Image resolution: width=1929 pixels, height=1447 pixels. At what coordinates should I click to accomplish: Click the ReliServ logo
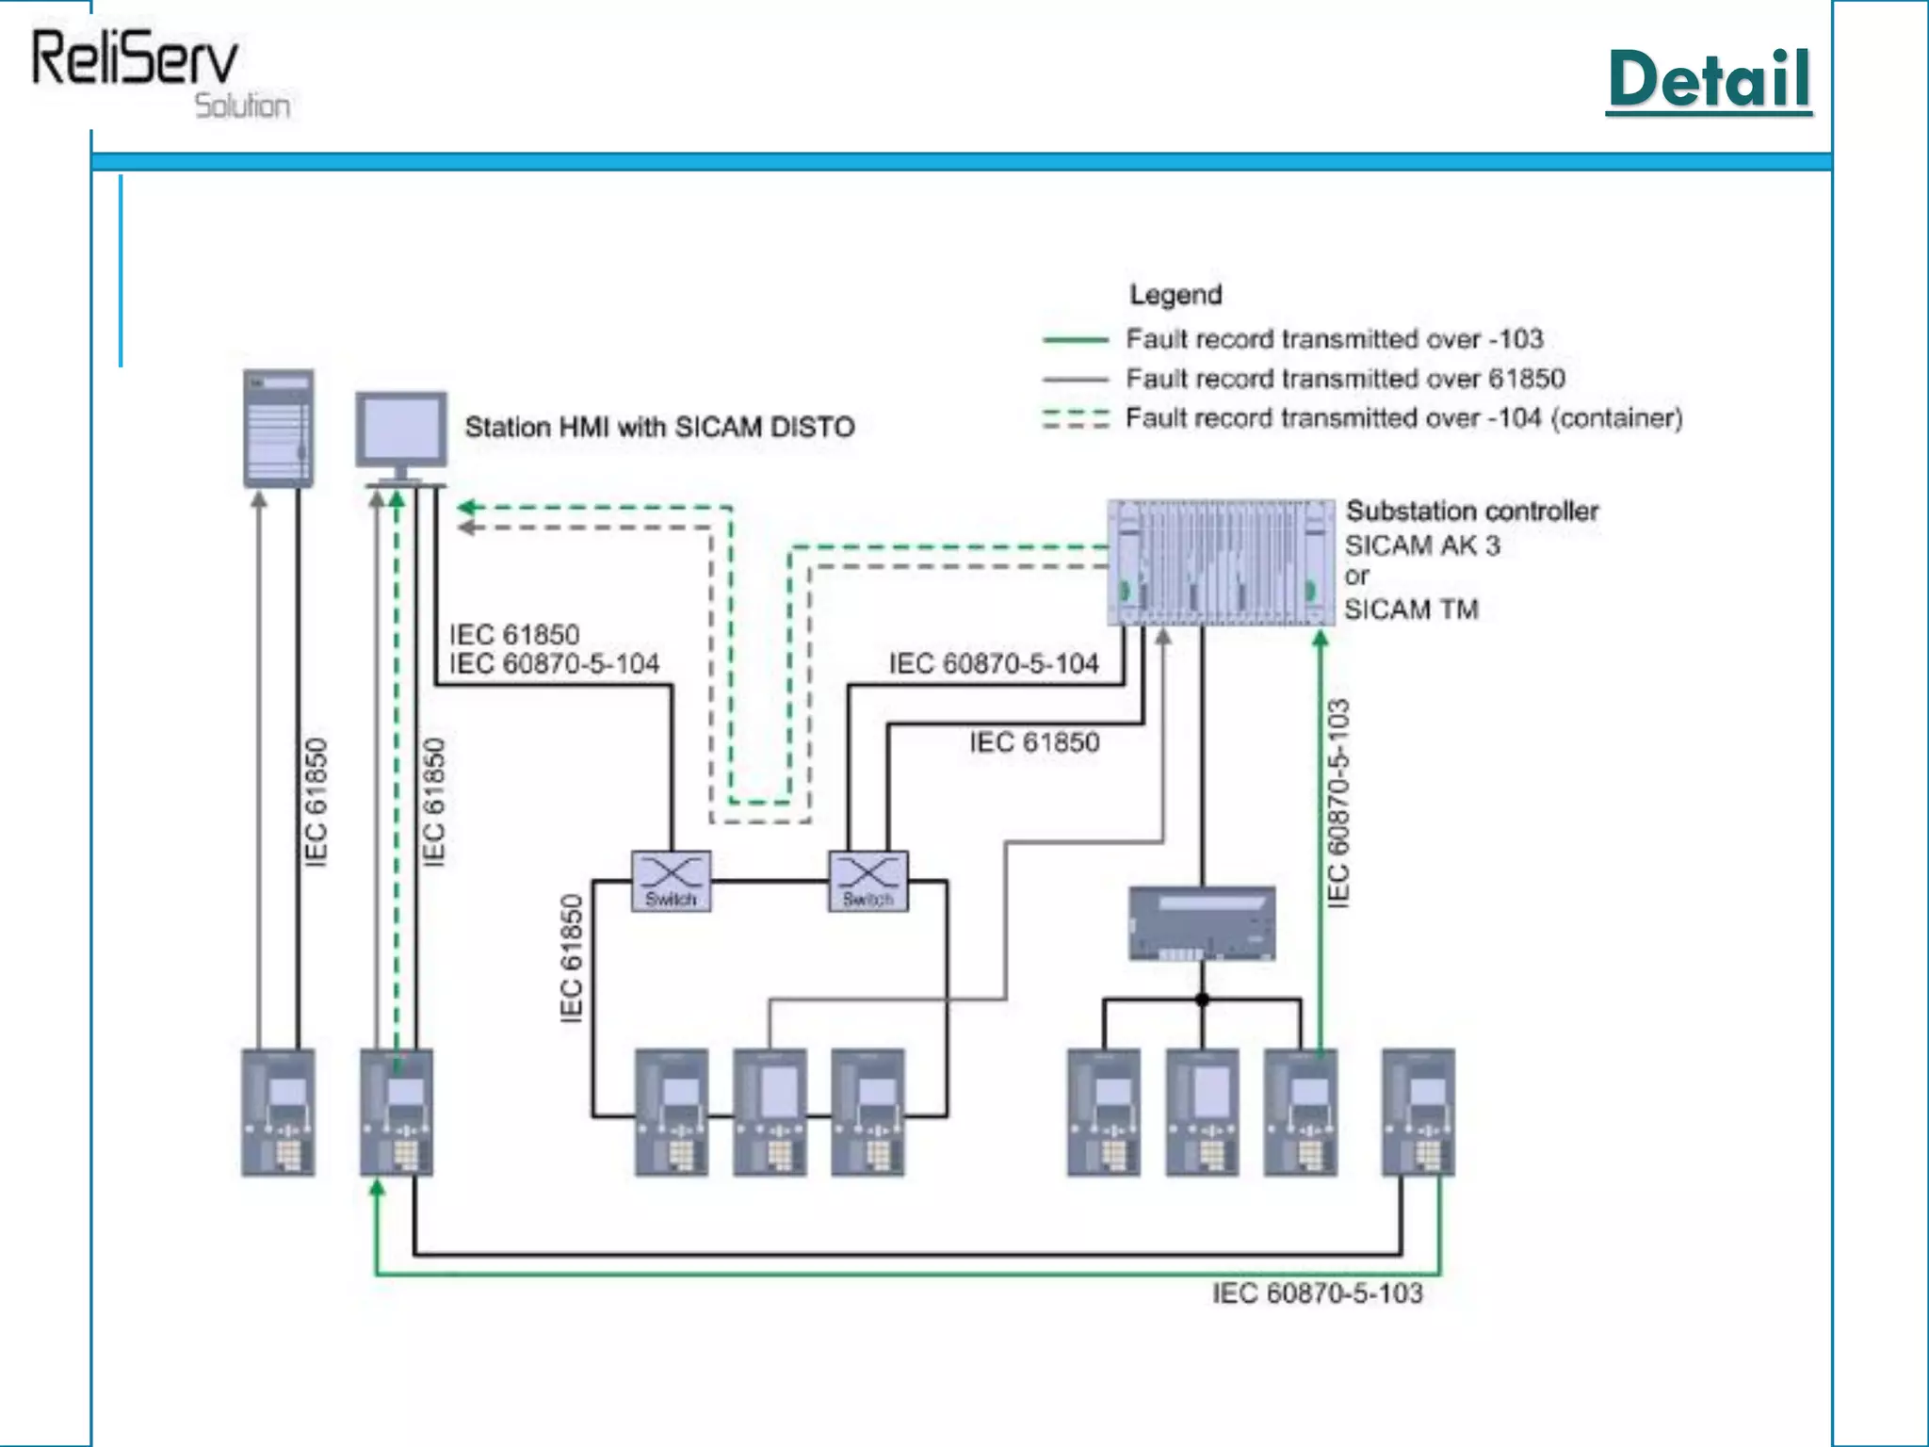(151, 71)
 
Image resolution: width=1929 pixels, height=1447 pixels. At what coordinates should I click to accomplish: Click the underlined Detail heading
(1709, 80)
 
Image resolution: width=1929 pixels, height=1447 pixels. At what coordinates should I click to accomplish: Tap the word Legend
(1175, 295)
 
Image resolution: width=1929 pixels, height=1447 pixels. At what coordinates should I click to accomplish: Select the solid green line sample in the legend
(1075, 339)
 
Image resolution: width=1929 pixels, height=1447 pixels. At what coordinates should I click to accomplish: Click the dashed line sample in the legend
(1075, 418)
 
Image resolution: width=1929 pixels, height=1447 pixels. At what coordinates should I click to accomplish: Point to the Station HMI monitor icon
(401, 431)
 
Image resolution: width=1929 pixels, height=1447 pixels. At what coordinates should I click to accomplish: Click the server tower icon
(278, 428)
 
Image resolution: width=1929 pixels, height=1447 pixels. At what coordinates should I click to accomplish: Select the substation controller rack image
(1221, 562)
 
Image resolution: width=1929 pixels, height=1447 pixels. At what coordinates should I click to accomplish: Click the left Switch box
(671, 881)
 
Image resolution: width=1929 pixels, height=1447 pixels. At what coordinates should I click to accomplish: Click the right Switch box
(867, 881)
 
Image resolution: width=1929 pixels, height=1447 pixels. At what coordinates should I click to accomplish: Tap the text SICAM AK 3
(1421, 545)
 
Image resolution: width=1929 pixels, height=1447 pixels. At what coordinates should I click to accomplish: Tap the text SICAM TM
(1410, 610)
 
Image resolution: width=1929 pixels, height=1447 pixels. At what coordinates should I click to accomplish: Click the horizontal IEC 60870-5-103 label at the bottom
(1316, 1293)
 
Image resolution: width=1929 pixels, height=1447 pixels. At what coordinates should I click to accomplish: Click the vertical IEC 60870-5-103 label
(1338, 804)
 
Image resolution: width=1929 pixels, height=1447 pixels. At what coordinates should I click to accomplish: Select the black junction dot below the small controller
(1202, 1000)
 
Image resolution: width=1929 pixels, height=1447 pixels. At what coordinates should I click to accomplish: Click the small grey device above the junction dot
(1202, 922)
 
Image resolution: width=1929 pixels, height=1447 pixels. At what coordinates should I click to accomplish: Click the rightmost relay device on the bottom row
(1418, 1113)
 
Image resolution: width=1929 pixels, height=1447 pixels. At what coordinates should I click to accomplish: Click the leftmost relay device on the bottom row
(278, 1113)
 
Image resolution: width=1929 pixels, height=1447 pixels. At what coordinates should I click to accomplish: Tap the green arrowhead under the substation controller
(1321, 640)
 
